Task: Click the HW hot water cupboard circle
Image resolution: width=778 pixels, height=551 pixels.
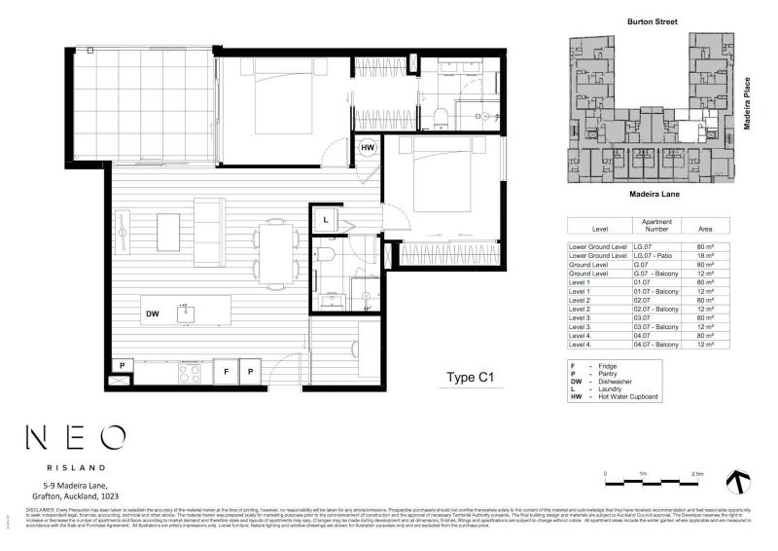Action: click(369, 149)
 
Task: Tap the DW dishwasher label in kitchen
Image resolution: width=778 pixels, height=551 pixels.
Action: click(153, 314)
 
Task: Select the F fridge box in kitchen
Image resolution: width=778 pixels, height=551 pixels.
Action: click(225, 372)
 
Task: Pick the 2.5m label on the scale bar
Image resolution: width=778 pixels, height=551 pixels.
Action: click(696, 473)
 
